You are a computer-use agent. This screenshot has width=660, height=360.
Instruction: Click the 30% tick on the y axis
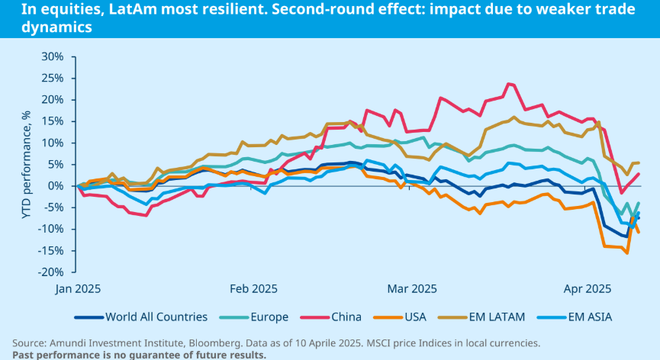pyautogui.click(x=53, y=56)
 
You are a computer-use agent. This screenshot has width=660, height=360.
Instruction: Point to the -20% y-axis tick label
pyautogui.click(x=50, y=272)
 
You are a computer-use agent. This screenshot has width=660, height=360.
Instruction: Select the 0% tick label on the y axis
pyautogui.click(x=56, y=186)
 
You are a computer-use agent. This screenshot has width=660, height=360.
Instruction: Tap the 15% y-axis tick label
pyautogui.click(x=53, y=121)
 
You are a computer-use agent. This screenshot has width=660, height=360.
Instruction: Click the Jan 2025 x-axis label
pyautogui.click(x=77, y=289)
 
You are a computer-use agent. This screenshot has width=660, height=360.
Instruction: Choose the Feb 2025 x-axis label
pyautogui.click(x=253, y=289)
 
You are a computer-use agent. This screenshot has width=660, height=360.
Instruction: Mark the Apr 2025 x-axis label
pyautogui.click(x=587, y=289)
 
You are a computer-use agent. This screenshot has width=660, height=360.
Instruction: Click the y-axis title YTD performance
pyautogui.click(x=26, y=163)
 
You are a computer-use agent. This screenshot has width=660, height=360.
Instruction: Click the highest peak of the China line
pyautogui.click(x=509, y=84)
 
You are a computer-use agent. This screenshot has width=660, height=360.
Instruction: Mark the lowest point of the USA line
pyautogui.click(x=627, y=252)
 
